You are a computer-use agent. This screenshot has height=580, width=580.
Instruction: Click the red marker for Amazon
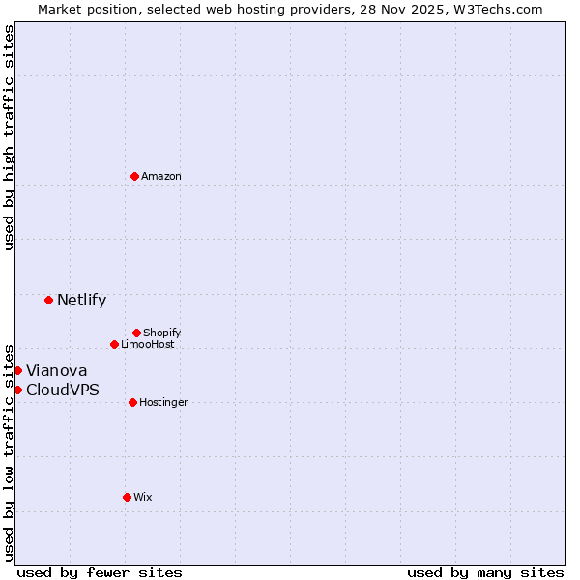coord(134,176)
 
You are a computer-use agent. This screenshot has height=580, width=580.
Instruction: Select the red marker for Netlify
coord(48,300)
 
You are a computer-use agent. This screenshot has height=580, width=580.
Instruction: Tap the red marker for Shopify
coord(136,333)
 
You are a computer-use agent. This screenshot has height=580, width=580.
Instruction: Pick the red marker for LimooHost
coord(114,344)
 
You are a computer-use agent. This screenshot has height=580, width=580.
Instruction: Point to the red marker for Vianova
coord(17,370)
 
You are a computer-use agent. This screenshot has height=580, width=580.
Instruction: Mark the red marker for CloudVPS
coord(17,390)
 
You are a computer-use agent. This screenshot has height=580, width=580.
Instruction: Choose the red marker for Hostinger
coord(132,402)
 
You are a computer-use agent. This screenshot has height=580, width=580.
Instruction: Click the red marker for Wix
coord(127,497)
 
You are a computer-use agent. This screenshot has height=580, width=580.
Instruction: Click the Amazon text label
coord(161,176)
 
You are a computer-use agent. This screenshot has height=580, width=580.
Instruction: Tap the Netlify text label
coord(81,300)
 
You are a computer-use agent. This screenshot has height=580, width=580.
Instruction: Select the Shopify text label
coord(162,333)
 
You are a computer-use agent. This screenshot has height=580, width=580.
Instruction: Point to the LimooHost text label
coord(148,344)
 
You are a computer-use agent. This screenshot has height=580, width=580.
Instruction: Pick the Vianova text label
coord(56,370)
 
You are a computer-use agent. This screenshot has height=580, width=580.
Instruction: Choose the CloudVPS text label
coord(63,390)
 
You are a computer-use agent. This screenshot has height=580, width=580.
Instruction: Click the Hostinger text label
coord(163,402)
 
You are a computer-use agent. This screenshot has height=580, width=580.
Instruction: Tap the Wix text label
coord(143,497)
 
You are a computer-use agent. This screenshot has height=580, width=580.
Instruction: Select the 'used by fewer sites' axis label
coord(100,572)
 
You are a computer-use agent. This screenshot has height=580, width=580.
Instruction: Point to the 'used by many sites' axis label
coord(485,572)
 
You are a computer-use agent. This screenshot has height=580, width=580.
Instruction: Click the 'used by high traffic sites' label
coord(9,137)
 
